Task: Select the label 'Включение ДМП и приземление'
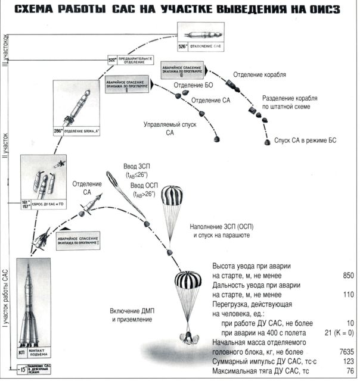[x=132, y=315]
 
